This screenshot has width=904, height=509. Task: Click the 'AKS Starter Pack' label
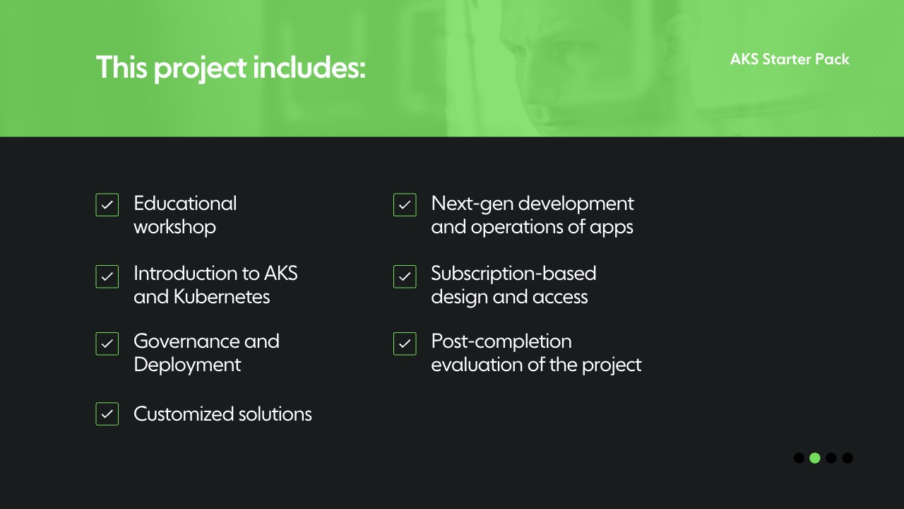(x=790, y=59)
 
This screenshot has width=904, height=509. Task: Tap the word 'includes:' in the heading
(x=309, y=67)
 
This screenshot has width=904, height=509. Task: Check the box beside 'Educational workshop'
(x=107, y=205)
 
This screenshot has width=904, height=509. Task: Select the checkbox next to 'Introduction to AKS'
(x=107, y=276)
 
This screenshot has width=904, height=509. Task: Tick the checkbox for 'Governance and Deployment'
(x=107, y=344)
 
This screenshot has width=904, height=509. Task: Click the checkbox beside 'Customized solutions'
(x=107, y=414)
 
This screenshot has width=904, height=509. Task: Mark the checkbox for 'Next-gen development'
(x=405, y=205)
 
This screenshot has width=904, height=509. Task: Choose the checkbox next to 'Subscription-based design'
(x=405, y=276)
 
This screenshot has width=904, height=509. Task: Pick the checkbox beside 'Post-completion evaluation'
(x=405, y=344)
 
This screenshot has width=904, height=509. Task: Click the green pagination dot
(x=815, y=458)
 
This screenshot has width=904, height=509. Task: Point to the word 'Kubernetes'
(x=222, y=297)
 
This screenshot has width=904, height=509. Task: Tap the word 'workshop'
(x=174, y=227)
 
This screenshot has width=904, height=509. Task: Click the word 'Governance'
(x=186, y=341)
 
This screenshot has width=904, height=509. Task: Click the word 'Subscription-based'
(x=513, y=274)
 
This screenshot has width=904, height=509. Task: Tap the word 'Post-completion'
(x=501, y=342)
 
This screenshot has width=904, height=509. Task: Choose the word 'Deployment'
(x=187, y=365)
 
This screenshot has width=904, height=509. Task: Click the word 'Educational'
(x=185, y=203)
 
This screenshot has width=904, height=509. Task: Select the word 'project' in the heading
(x=201, y=69)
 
